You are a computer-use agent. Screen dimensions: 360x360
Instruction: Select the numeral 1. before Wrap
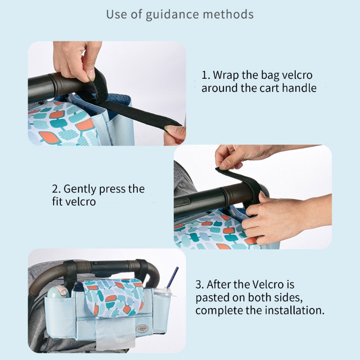pyautogui.click(x=206, y=75)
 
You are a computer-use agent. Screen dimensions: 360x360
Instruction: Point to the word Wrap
pyautogui.click(x=226, y=76)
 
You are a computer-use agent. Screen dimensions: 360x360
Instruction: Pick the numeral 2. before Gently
pyautogui.click(x=57, y=189)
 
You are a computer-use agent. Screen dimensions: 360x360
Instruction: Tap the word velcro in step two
pyautogui.click(x=81, y=202)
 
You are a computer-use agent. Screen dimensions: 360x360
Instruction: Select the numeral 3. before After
pyautogui.click(x=199, y=285)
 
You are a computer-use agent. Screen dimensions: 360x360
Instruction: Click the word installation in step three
pyautogui.click(x=295, y=310)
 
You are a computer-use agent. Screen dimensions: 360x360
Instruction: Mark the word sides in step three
pyautogui.click(x=289, y=297)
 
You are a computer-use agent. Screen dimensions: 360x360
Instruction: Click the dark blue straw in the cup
pyautogui.click(x=173, y=277)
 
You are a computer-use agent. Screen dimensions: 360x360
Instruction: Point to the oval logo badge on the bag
pyautogui.click(x=142, y=327)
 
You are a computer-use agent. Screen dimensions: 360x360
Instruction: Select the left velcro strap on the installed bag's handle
pyautogui.click(x=70, y=271)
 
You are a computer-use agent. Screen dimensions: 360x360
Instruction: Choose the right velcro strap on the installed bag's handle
pyautogui.click(x=142, y=268)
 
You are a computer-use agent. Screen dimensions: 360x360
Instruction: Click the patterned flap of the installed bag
pyautogui.click(x=113, y=297)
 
